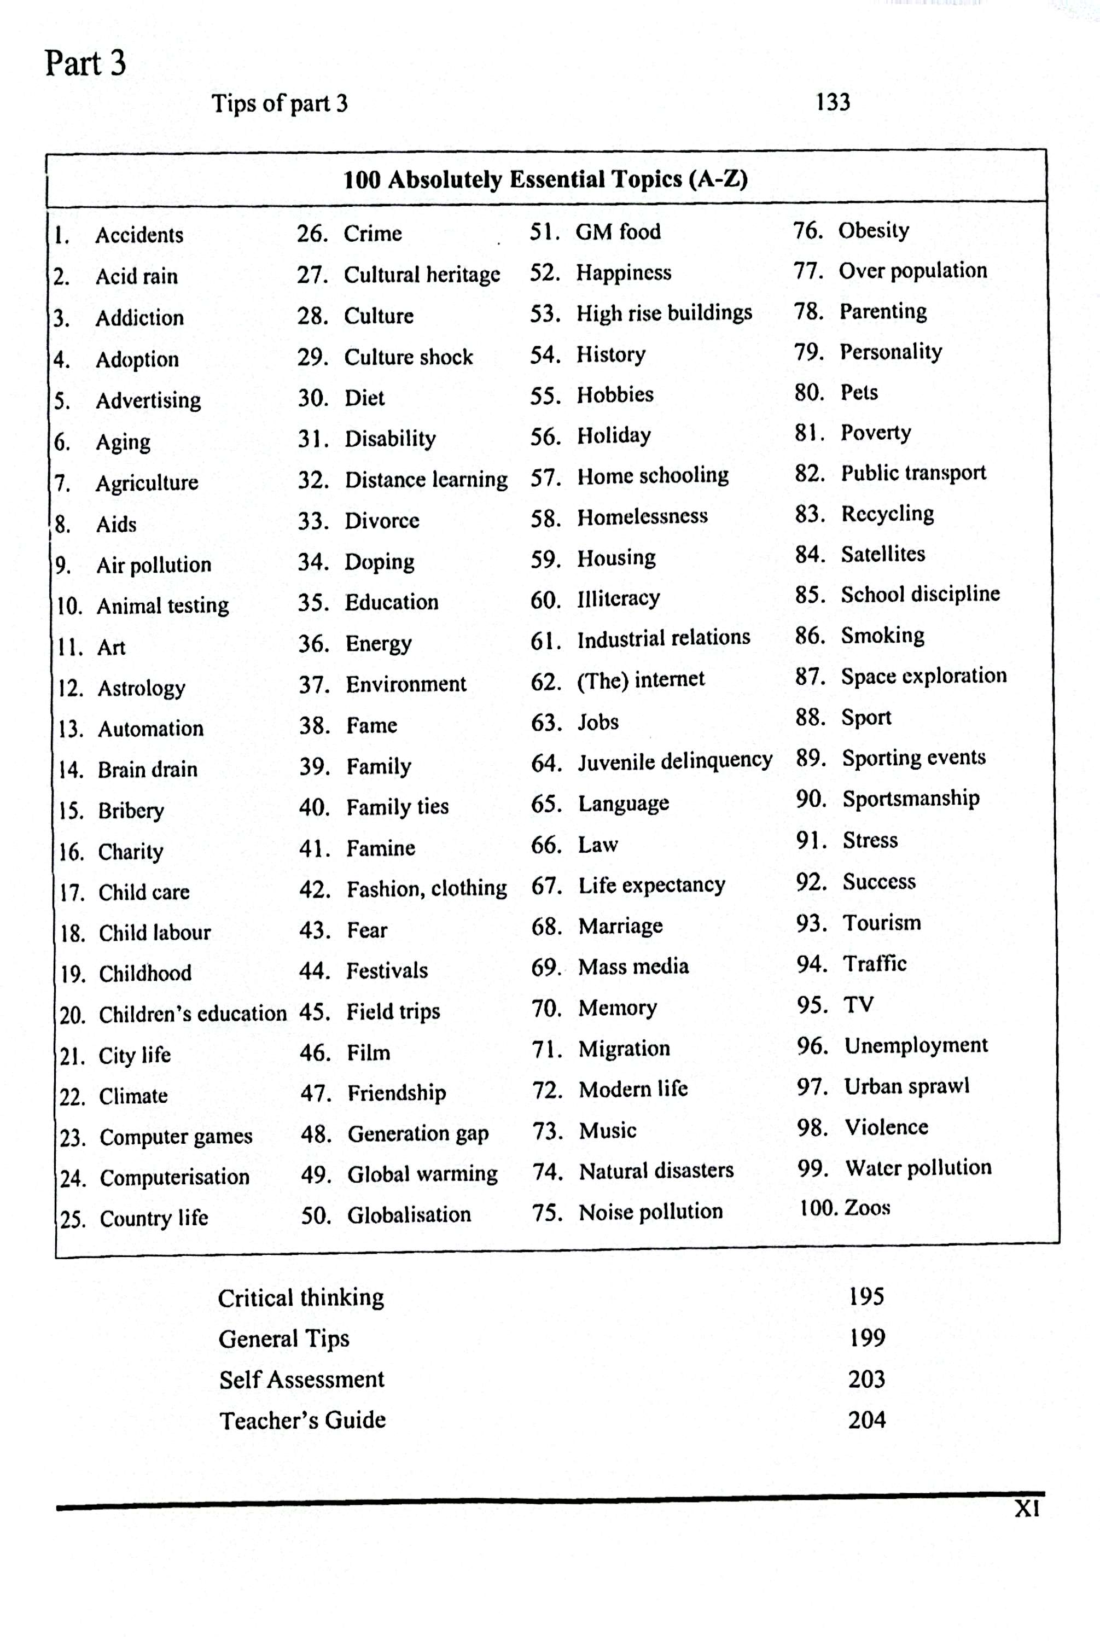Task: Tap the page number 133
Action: pyautogui.click(x=833, y=102)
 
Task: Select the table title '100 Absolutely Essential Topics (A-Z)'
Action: pyautogui.click(x=545, y=179)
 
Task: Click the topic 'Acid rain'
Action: pyautogui.click(x=137, y=276)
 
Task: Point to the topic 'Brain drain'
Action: pyautogui.click(x=147, y=770)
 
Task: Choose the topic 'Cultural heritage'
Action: pyautogui.click(x=422, y=274)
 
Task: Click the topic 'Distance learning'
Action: pyautogui.click(x=426, y=480)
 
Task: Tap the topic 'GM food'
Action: pyautogui.click(x=618, y=231)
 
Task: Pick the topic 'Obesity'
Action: pyautogui.click(x=874, y=230)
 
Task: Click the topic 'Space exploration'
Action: pyautogui.click(x=924, y=676)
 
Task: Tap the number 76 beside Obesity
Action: pyautogui.click(x=807, y=230)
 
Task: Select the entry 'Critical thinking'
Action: pyautogui.click(x=301, y=1298)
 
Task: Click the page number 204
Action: pyautogui.click(x=866, y=1420)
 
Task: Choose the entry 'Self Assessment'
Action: pyautogui.click(x=301, y=1380)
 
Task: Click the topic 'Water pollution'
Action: pyautogui.click(x=918, y=1167)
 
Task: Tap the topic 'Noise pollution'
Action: pyautogui.click(x=650, y=1212)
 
